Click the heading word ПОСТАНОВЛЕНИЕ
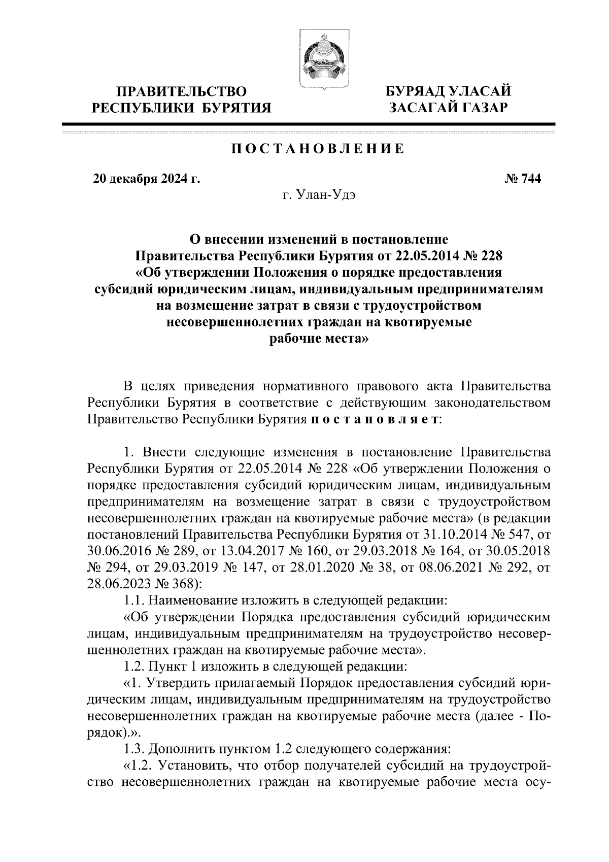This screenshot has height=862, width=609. (x=318, y=149)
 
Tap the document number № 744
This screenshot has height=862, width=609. (x=523, y=179)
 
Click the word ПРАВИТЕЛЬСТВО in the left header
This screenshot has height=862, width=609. (x=182, y=91)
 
